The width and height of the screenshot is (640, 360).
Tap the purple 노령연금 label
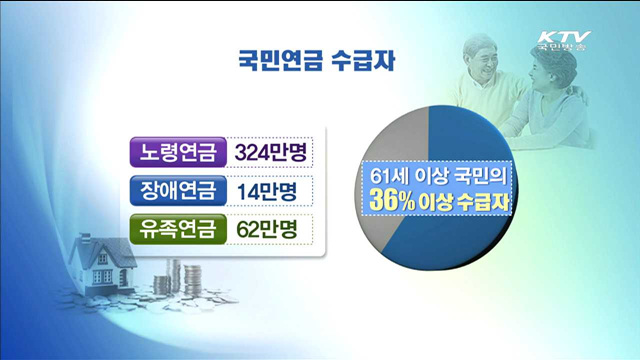[x=176, y=151]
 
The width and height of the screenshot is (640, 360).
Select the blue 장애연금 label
[x=176, y=190]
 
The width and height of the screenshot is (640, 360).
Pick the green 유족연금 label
[x=176, y=228]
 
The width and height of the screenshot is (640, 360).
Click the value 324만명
[x=269, y=151]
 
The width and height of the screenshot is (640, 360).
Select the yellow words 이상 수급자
[x=466, y=202]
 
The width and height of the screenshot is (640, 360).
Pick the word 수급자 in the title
[x=368, y=58]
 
